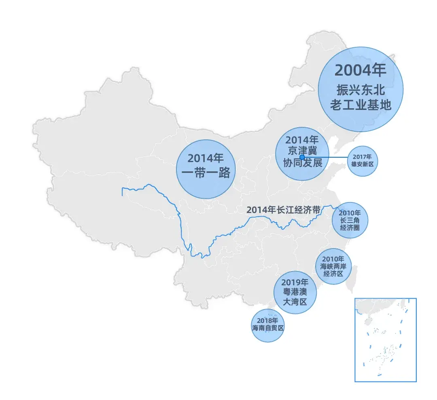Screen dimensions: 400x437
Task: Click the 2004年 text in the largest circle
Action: [360, 70]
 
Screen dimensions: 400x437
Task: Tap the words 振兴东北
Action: [360, 90]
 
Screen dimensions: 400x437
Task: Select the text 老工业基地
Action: [360, 105]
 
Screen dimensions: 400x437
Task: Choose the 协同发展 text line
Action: [302, 163]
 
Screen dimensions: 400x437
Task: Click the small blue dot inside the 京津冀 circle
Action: [302, 157]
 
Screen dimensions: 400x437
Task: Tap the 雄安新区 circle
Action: [363, 161]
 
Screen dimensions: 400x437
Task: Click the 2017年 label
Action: [363, 157]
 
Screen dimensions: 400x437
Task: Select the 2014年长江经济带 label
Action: [283, 210]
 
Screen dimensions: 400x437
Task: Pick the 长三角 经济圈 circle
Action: [350, 220]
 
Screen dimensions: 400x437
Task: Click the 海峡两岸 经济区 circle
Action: [333, 266]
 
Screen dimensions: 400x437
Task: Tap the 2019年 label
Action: [295, 282]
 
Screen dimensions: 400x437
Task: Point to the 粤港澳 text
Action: [295, 292]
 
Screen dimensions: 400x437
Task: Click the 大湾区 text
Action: [295, 302]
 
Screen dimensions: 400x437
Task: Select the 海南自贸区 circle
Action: [267, 325]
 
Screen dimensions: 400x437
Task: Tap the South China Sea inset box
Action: [385, 339]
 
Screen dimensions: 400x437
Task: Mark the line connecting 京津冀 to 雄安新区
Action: [328, 157]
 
